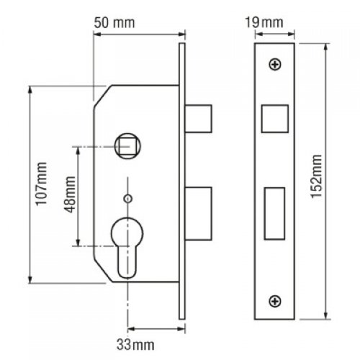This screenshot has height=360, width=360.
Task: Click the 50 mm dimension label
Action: pos(114,23)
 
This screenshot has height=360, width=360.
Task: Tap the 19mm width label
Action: pos(264,22)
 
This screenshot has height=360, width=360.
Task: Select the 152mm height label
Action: pos(316,176)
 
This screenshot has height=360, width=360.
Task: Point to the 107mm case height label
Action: pos(41,184)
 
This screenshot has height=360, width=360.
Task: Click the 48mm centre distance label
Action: pos(70,194)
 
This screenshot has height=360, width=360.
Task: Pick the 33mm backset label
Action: pos(135,345)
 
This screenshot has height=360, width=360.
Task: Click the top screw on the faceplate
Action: pos(275,64)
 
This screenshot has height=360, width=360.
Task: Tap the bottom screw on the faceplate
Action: pos(275,301)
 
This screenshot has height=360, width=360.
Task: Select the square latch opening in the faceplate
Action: pos(275,119)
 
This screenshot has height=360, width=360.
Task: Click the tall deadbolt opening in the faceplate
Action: pos(274,214)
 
